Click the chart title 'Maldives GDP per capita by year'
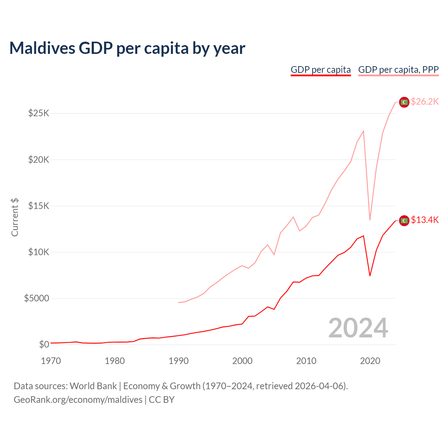tap(127, 48)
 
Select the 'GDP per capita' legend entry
tap(321, 70)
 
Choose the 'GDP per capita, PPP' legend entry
tap(398, 70)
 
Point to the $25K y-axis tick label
tap(39, 113)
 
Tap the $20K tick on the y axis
tap(39, 160)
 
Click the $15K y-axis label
tap(39, 206)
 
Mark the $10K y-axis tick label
tap(39, 252)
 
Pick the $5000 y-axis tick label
tap(37, 298)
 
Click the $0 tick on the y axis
tap(44, 344)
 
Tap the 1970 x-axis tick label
tap(51, 361)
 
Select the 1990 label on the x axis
tap(178, 361)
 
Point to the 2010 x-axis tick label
tap(306, 361)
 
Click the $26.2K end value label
tap(425, 102)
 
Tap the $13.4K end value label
tap(425, 220)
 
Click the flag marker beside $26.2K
tap(404, 102)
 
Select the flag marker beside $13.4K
tap(404, 220)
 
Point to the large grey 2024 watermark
tap(358, 328)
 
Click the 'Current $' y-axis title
tap(15, 217)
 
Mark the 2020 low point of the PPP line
tap(370, 220)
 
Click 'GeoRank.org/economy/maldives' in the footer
tap(78, 400)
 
